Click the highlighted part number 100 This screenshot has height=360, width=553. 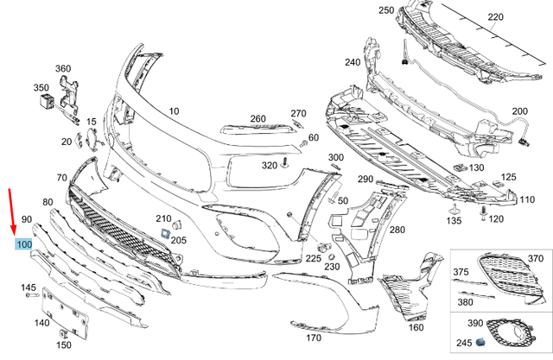coord(23,245)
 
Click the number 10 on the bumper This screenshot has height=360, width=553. coord(174,111)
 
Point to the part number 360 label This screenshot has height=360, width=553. coord(63,68)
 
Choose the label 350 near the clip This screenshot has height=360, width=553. coord(41,87)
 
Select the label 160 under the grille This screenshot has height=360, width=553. coord(416,327)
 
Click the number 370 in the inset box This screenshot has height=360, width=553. coord(536,257)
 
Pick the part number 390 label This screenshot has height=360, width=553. coord(475,322)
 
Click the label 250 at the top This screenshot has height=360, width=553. coord(386,9)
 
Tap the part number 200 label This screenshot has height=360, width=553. coord(519,111)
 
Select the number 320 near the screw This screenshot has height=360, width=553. coord(269,165)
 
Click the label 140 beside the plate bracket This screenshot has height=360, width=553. coord(41,323)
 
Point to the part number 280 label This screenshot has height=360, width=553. coord(397,231)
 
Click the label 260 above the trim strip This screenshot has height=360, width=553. coord(258,118)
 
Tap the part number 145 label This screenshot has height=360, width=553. coord(29,287)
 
